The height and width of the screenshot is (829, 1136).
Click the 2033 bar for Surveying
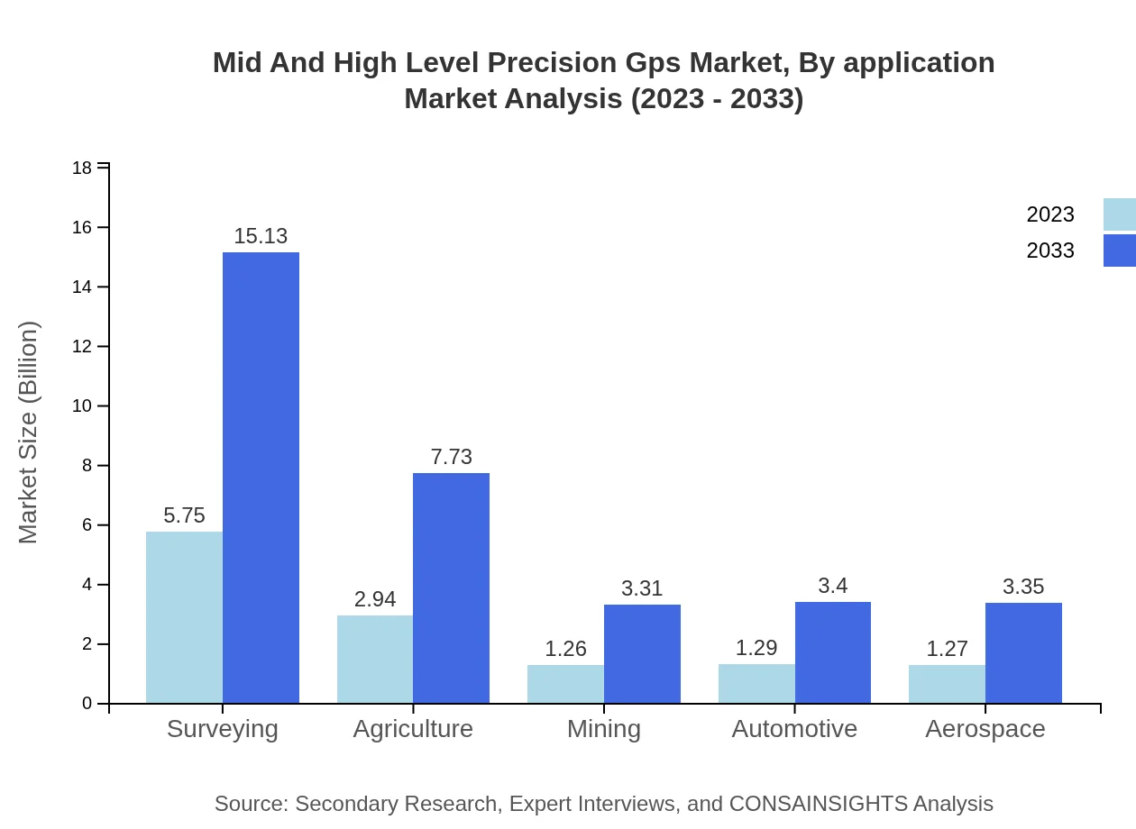tap(261, 478)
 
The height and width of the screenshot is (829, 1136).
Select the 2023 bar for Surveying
tap(184, 617)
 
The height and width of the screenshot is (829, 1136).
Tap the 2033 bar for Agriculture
tap(451, 588)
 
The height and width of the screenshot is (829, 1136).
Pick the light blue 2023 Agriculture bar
tap(375, 659)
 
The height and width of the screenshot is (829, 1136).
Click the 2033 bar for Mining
tap(642, 653)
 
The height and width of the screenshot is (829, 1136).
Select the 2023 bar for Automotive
tap(756, 683)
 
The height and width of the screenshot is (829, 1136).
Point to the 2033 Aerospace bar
tap(1023, 652)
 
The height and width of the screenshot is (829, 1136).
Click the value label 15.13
tap(261, 236)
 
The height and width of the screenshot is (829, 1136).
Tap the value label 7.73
tap(451, 457)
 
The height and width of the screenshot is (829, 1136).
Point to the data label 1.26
tap(565, 649)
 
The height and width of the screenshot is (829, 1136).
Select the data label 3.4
tap(832, 586)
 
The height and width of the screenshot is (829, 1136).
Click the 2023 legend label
tap(1050, 214)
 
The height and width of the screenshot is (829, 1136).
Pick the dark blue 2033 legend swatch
tap(1119, 251)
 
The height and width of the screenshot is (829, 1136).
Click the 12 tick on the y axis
tap(82, 347)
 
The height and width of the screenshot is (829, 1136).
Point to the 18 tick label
tap(82, 169)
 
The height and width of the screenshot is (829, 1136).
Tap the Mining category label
tap(604, 729)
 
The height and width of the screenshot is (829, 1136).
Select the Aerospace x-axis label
tap(985, 729)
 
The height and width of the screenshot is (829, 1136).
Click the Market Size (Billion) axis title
tap(29, 433)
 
